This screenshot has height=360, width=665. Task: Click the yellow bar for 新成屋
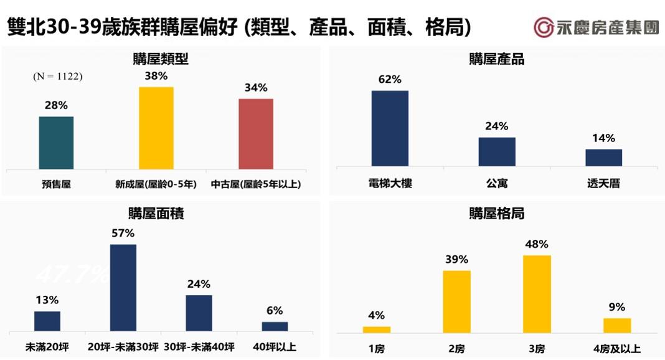pos(156,128)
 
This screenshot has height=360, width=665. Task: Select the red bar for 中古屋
pos(255,134)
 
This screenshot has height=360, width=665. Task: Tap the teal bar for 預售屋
pos(56,143)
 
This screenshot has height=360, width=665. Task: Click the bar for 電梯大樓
pos(390,128)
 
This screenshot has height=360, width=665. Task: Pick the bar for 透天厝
pos(603,158)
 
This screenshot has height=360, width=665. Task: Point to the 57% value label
pos(123,234)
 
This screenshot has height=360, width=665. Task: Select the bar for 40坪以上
pos(275,326)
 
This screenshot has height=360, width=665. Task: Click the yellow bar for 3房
pos(537,293)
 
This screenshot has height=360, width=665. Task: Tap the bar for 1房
pos(377,329)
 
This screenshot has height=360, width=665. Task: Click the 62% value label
pos(390,80)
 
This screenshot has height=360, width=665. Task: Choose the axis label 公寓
pos(497,184)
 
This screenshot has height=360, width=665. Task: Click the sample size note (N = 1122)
pos(57,77)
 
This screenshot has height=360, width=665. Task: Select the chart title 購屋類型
pos(161,59)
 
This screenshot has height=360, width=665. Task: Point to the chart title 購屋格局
pos(496,214)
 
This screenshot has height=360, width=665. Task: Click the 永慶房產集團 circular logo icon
pos(544,27)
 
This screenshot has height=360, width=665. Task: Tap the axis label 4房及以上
pos(616,349)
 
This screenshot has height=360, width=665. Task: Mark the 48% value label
pos(537,244)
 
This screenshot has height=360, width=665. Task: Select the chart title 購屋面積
pos(161,214)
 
